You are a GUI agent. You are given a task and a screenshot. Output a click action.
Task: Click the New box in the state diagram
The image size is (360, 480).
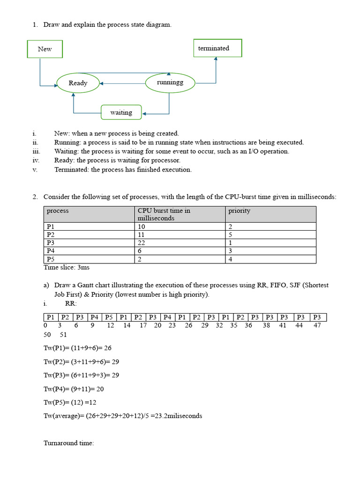click(x=45, y=49)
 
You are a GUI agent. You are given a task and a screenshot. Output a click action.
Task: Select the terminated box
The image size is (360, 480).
click(x=217, y=48)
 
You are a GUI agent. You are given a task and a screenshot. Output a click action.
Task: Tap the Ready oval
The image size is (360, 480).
click(x=78, y=83)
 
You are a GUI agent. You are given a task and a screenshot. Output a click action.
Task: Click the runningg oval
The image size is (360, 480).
click(x=170, y=82)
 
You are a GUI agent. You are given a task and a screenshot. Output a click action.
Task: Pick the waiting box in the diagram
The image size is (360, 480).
click(x=121, y=112)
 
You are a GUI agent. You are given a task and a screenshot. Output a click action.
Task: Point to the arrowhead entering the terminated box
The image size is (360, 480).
click(x=216, y=60)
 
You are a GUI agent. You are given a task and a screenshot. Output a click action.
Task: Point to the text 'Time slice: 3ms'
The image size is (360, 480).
click(x=67, y=267)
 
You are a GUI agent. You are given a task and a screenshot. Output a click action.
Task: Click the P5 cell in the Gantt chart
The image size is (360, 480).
click(x=109, y=317)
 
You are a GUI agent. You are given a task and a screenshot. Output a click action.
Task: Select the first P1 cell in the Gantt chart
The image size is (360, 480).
click(x=51, y=317)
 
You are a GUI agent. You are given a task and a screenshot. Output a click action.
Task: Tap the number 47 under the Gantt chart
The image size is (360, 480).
click(x=317, y=325)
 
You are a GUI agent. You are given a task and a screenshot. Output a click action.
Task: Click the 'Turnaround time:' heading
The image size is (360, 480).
click(x=69, y=442)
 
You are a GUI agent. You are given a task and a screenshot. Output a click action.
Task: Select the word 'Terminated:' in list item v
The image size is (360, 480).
click(x=72, y=170)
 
